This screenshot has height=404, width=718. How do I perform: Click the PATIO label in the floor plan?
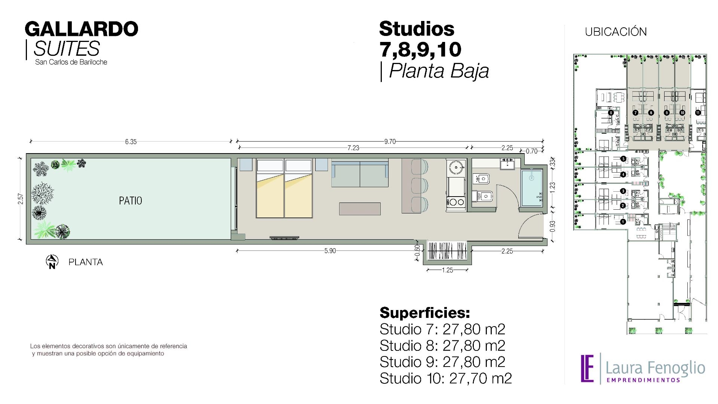point(131,201)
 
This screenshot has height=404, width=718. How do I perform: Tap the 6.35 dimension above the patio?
point(131,142)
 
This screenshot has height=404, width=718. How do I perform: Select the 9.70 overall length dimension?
point(390,142)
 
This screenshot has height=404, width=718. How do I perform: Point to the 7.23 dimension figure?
point(353,148)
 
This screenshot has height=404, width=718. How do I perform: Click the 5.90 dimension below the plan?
point(330,251)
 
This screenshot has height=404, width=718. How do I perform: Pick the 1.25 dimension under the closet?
point(448,270)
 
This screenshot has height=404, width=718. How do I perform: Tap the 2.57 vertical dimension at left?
point(21,199)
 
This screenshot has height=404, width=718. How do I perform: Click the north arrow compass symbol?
point(52,262)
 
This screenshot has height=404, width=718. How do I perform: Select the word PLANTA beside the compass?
point(86,262)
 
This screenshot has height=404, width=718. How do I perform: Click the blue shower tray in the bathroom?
point(532,188)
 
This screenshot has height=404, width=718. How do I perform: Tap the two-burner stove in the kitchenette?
point(456,202)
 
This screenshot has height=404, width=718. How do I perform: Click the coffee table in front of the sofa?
point(360,209)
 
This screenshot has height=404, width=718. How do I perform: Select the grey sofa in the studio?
point(360,173)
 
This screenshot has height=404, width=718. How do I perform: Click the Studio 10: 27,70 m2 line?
point(446,378)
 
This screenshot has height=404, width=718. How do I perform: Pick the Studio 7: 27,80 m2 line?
point(442,329)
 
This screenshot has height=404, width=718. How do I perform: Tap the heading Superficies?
point(425,313)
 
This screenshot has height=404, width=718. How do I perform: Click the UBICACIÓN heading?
point(616,32)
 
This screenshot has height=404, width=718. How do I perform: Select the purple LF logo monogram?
point(587,368)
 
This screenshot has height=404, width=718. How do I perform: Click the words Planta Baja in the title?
point(439,71)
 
